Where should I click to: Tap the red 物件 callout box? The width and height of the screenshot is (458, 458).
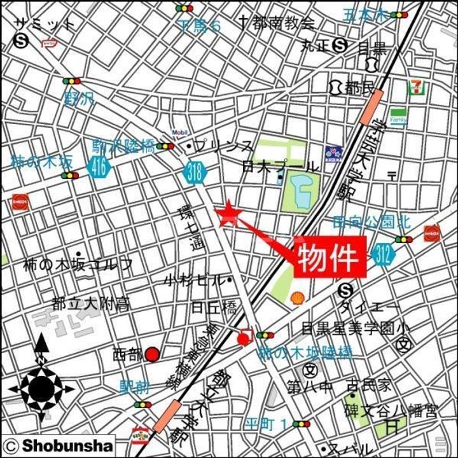coord(330,257)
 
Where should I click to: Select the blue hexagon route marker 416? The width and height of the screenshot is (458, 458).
coord(99,169)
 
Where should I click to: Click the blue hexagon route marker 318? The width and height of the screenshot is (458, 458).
coord(194,170)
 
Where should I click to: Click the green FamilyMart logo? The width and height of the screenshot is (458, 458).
coord(399,116)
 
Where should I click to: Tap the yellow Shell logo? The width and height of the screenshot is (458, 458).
coord(296,297)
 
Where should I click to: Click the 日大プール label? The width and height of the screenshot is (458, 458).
coord(280,167)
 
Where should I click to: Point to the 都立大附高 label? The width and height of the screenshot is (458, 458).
coord(91,304)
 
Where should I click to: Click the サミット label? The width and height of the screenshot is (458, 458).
coord(45,24)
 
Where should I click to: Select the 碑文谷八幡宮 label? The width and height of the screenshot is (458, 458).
coord(391,411)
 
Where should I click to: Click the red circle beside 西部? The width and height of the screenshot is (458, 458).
coord(152,354)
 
